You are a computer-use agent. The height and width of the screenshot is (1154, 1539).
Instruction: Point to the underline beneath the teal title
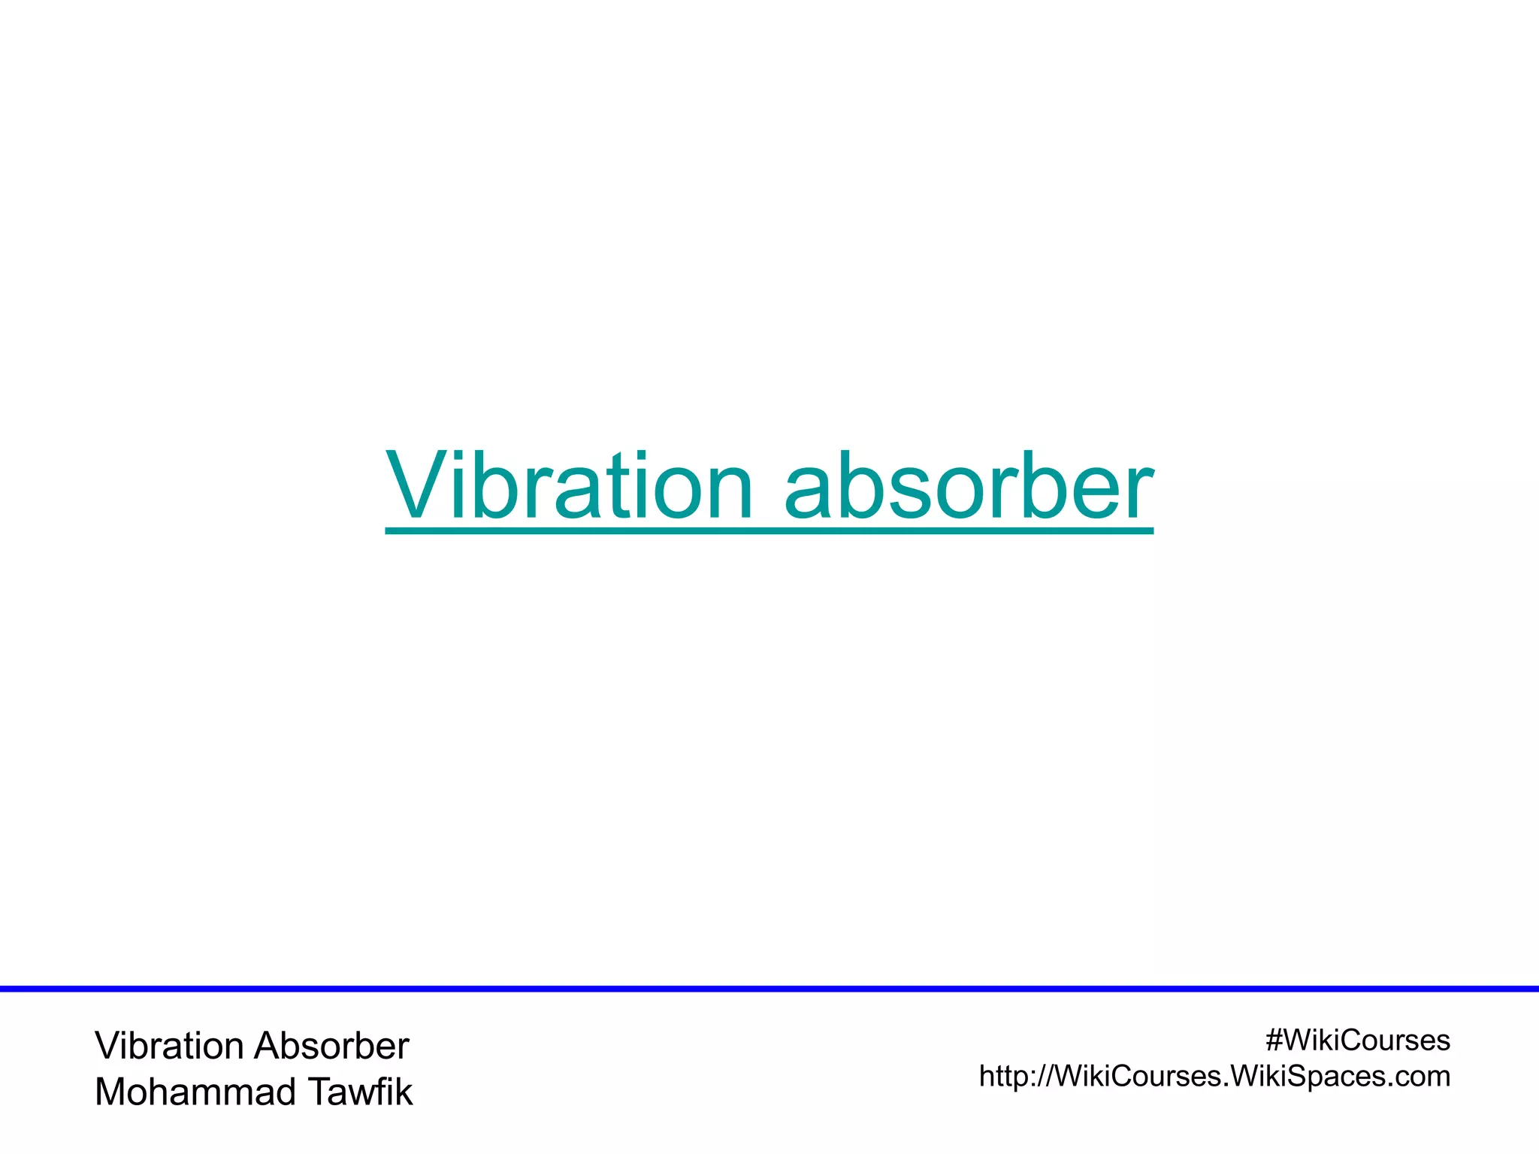click(x=769, y=531)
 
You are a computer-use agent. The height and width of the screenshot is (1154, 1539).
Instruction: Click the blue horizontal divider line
click(x=769, y=989)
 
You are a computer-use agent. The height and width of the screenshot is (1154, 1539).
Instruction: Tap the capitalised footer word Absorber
click(x=331, y=1046)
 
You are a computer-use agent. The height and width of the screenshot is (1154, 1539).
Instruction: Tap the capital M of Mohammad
click(x=110, y=1092)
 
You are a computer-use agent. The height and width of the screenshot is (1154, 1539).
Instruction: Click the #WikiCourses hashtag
click(x=1357, y=1041)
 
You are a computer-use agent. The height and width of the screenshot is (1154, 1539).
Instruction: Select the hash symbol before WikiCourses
click(x=1274, y=1041)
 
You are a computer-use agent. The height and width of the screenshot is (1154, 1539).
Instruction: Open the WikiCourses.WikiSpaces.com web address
click(x=1214, y=1077)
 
